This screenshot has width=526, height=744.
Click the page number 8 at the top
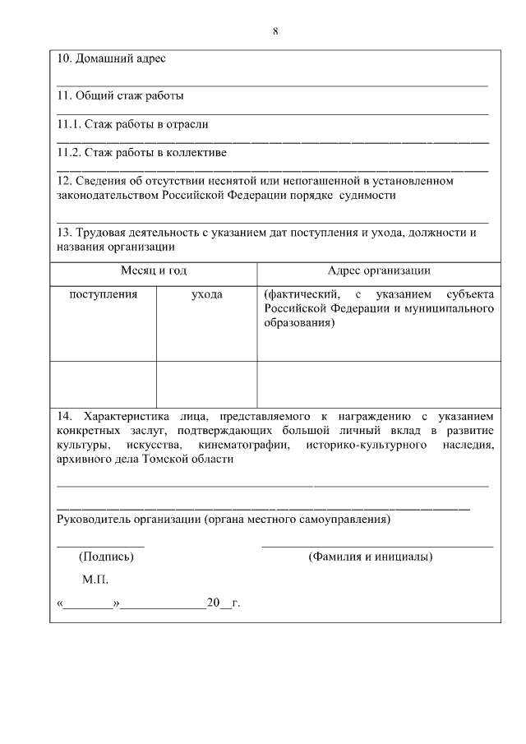tap(275, 31)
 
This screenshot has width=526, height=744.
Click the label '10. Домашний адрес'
tap(111, 59)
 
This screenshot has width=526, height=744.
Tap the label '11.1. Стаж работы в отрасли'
tap(132, 124)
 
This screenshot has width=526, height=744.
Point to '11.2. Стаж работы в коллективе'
tap(141, 152)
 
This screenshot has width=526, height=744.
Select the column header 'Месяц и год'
tap(154, 270)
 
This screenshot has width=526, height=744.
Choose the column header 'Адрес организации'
tap(379, 270)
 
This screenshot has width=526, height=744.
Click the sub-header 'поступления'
tap(103, 293)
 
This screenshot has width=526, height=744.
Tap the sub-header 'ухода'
tap(206, 293)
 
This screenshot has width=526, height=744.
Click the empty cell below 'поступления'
tap(103, 384)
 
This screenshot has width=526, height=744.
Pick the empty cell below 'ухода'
tap(206, 384)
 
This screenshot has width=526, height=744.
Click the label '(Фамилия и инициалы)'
tap(371, 557)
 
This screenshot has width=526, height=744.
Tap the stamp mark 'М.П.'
tap(95, 580)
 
